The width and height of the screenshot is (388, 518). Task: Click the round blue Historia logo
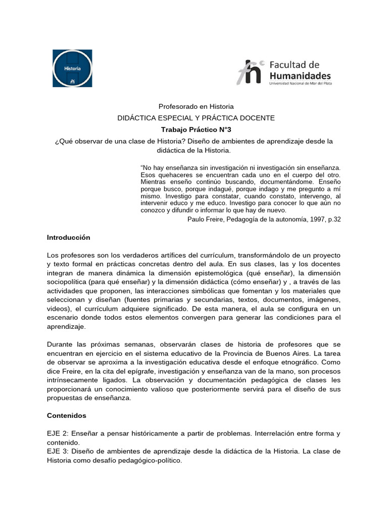click(72, 68)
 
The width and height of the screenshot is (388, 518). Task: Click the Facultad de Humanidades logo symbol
click(250, 72)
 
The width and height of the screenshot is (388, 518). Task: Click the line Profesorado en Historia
click(196, 107)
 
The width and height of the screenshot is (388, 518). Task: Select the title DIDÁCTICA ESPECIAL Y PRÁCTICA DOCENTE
click(196, 118)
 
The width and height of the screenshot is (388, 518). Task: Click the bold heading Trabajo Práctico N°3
click(196, 129)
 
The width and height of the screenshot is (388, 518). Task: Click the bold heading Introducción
click(68, 237)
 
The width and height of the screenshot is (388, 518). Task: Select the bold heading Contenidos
click(66, 415)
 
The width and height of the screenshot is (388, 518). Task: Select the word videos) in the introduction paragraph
click(58, 309)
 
